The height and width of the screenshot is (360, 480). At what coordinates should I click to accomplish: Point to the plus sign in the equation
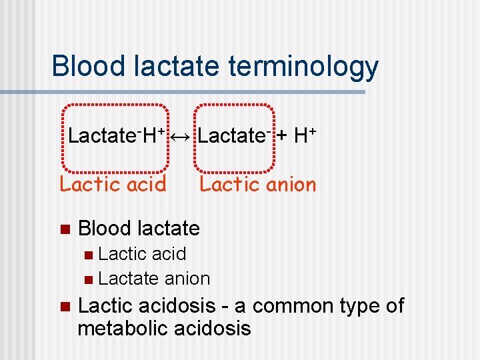282,137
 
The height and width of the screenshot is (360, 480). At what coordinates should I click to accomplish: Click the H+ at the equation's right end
304,136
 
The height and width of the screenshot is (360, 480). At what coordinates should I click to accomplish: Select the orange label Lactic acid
113,184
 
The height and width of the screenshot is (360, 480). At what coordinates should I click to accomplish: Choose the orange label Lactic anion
258,184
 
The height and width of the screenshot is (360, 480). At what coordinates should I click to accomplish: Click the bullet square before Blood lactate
64,229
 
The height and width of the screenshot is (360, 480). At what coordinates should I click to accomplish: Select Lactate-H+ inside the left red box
116,136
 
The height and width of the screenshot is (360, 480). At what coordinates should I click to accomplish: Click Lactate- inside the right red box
233,136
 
